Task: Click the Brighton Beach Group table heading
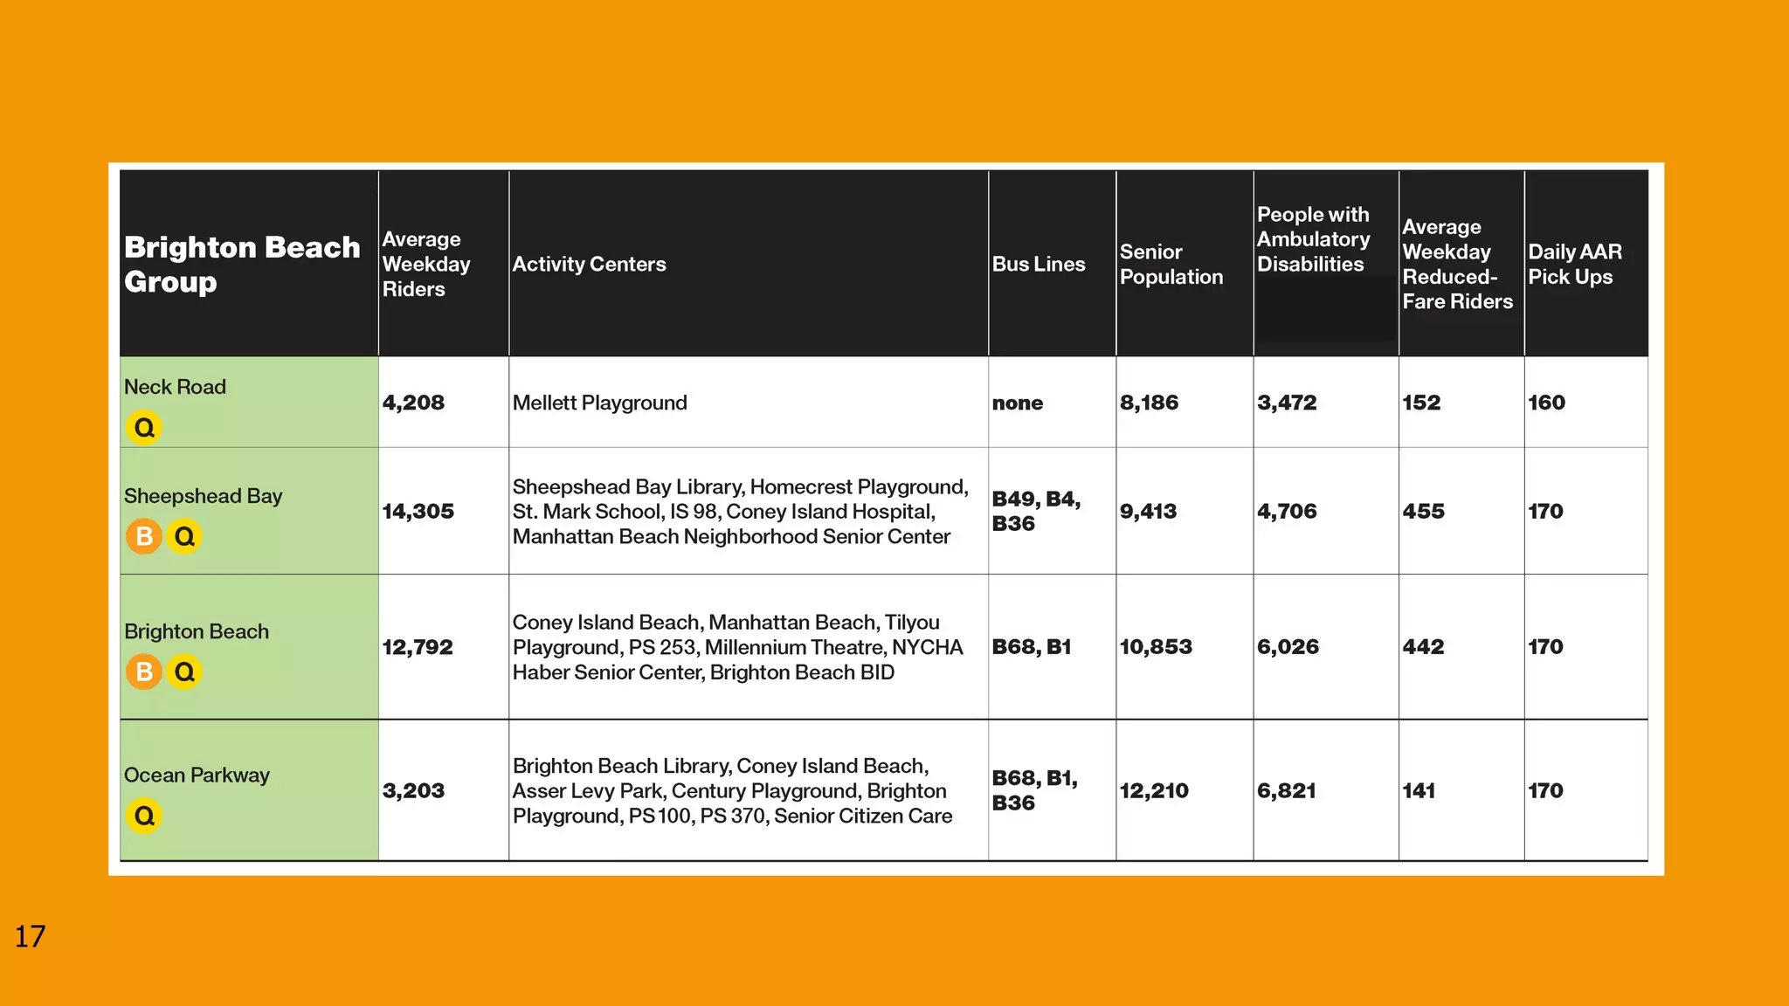[x=241, y=265]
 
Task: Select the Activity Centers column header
[x=589, y=265]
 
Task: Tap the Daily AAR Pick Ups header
[x=1574, y=265]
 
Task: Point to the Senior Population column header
[x=1171, y=265]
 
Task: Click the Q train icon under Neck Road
[x=144, y=428]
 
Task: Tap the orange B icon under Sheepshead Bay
[x=144, y=536]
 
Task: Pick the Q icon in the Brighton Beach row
[x=184, y=672]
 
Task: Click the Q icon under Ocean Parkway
[x=144, y=816]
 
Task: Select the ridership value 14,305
[x=418, y=512]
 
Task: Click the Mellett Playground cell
[x=599, y=403]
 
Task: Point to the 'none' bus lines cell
[x=1017, y=403]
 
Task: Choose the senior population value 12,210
[x=1154, y=791]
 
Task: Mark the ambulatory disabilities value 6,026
[x=1288, y=647]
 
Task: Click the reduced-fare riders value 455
[x=1423, y=512]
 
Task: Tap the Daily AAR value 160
[x=1546, y=403]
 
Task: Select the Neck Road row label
[x=175, y=387]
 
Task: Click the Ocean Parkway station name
[x=197, y=775]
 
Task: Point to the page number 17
[x=30, y=937]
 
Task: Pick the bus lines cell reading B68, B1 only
[x=1031, y=647]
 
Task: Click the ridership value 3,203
[x=413, y=791]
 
